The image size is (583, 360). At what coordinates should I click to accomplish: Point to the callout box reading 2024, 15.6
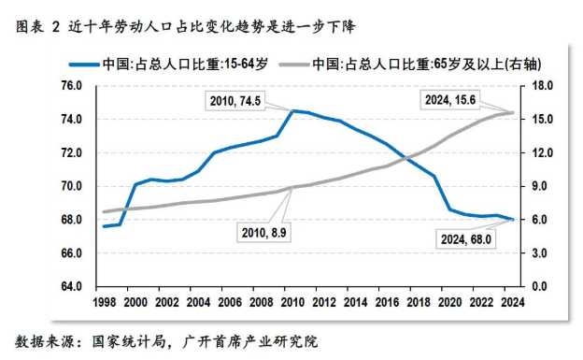pyautogui.click(x=451, y=99)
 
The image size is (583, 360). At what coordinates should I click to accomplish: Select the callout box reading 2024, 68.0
pyautogui.click(x=462, y=239)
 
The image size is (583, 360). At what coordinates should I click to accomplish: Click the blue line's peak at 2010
pyautogui.click(x=292, y=110)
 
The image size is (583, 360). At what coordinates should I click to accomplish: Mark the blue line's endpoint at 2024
pyautogui.click(x=512, y=219)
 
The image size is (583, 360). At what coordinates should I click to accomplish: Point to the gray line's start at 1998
pyautogui.click(x=104, y=212)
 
